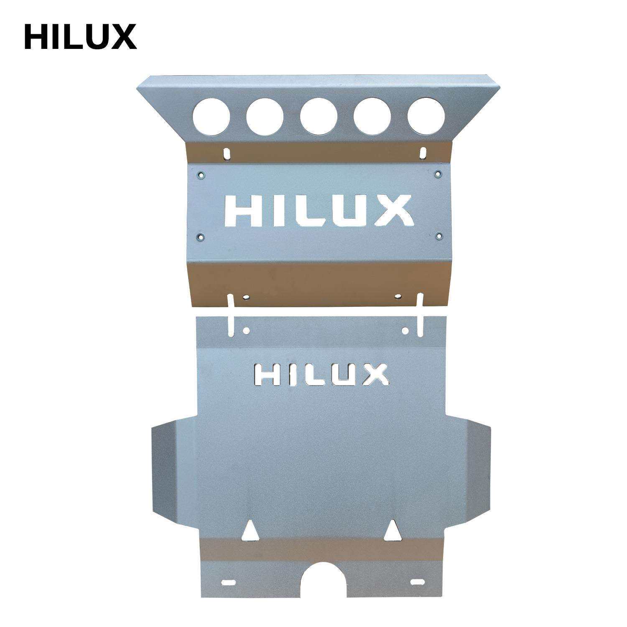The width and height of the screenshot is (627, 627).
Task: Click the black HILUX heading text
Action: pyautogui.click(x=80, y=37)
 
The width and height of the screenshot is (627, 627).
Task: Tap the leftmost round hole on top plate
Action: pyautogui.click(x=212, y=117)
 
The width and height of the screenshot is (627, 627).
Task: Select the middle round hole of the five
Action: pyautogui.click(x=319, y=117)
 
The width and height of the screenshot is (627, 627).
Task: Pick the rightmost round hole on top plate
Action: pyautogui.click(x=426, y=115)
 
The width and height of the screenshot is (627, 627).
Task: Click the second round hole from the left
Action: pyautogui.click(x=265, y=117)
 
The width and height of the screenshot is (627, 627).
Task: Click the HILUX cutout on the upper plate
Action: pyautogui.click(x=319, y=211)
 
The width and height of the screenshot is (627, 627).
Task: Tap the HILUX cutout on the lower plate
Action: pyautogui.click(x=321, y=374)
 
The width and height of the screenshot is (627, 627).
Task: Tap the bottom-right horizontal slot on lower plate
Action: pyautogui.click(x=417, y=582)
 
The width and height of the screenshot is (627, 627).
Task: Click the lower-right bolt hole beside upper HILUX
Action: pyautogui.click(x=438, y=237)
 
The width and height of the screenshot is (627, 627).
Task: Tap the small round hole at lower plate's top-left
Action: pyautogui.click(x=246, y=331)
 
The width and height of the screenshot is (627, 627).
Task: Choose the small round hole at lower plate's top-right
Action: pyautogui.click(x=405, y=331)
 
